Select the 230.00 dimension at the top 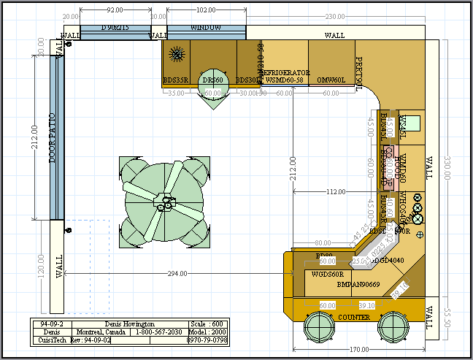pos(335,17)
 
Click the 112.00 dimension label pos(335,192)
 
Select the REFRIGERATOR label pos(285,73)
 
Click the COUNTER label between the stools pos(354,318)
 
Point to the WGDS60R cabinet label pos(327,275)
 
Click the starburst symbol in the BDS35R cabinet pos(175,53)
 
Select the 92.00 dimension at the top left pos(115,11)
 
